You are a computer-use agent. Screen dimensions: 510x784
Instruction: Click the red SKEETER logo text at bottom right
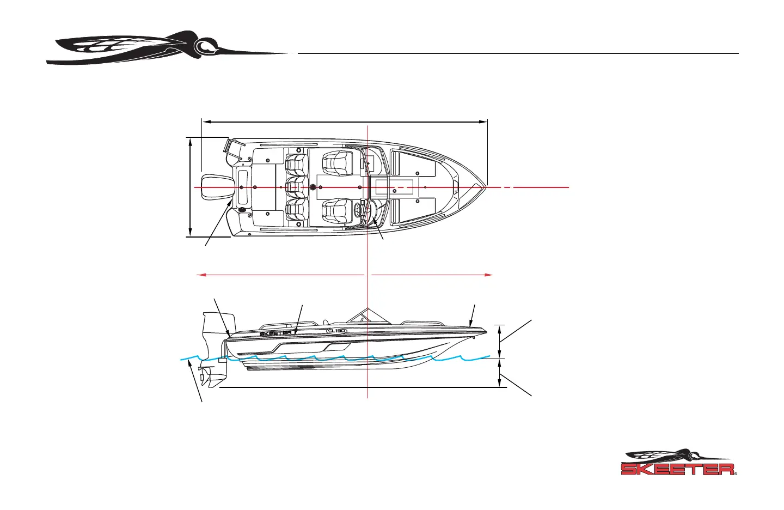(678, 469)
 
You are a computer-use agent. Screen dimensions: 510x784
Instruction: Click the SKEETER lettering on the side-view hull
(275, 333)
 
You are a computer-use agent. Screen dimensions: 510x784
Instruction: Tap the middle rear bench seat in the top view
(297, 187)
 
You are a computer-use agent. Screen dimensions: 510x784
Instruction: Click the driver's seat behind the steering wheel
(338, 211)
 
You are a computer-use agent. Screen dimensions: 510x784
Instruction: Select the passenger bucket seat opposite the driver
(338, 163)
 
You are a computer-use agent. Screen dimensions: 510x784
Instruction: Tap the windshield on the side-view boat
(359, 317)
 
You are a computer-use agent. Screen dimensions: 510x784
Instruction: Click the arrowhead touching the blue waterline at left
(189, 362)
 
